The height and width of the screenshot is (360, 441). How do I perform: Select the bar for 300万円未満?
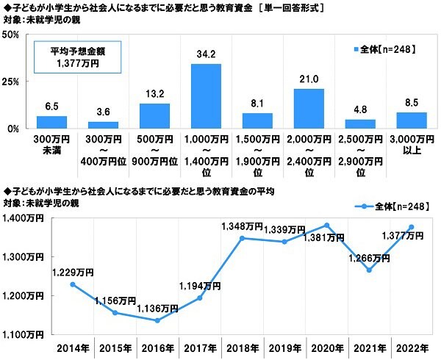point(51,122)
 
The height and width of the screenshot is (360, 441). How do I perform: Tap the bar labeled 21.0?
point(309,108)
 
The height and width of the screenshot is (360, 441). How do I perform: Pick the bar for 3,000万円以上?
point(412,120)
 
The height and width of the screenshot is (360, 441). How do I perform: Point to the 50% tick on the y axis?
point(14,35)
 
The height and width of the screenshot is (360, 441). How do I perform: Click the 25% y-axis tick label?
point(14,82)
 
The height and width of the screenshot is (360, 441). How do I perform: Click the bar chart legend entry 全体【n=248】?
point(385,49)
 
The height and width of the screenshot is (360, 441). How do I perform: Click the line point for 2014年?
point(72,284)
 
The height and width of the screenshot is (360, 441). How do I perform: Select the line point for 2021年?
point(369,270)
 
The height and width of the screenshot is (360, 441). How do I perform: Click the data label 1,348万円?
point(242,228)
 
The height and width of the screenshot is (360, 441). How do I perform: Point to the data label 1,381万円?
point(325,237)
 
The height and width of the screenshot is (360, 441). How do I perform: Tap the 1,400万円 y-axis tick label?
point(24,218)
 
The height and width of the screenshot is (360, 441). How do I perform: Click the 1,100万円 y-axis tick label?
point(24,335)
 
